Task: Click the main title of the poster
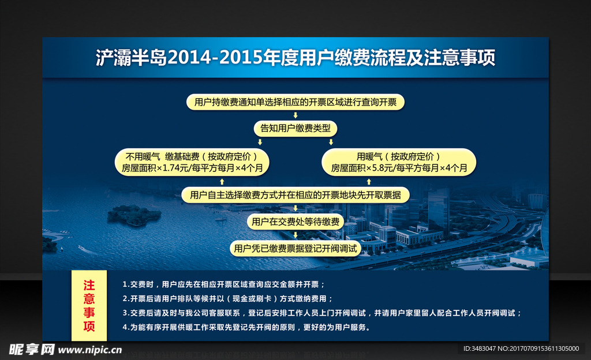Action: tap(295, 58)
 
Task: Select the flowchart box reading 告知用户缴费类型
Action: tap(295, 129)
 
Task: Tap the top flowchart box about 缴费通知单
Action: tap(295, 102)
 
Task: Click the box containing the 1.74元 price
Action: tap(192, 162)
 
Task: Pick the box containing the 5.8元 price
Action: tap(399, 162)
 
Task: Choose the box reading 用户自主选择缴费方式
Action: tap(295, 195)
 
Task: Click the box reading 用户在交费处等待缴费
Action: tap(295, 222)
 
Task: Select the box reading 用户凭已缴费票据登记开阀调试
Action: tap(295, 249)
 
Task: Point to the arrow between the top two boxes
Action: tap(295, 115)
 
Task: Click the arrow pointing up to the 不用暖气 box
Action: tap(222, 182)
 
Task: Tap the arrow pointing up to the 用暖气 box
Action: tap(369, 182)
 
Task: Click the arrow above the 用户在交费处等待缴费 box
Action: tap(295, 208)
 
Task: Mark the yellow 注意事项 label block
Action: tap(89, 305)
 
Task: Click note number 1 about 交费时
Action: tap(223, 284)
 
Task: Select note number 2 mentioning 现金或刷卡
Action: tap(227, 299)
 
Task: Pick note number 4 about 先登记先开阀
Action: tap(246, 327)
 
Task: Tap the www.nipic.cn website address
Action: tap(90, 350)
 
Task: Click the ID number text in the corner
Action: tap(521, 348)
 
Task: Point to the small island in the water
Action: tap(134, 215)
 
